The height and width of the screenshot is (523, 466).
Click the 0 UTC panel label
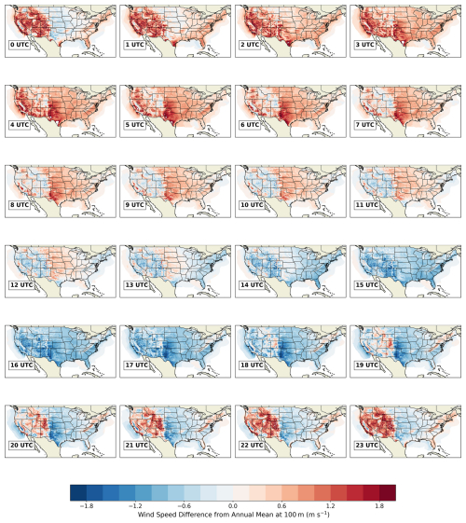(20, 45)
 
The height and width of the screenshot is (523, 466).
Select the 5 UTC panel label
(134, 125)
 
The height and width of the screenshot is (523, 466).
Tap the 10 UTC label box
(252, 205)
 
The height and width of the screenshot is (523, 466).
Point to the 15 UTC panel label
(366, 285)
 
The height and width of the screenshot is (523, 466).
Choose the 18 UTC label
(252, 365)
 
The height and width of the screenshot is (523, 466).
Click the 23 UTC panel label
(366, 445)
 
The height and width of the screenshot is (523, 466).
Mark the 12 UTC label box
(21, 285)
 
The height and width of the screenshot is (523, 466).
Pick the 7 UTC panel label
(364, 125)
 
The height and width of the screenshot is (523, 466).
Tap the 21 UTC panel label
(136, 445)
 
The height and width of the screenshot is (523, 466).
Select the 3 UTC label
(364, 45)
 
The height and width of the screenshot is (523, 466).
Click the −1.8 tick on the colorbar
(87, 506)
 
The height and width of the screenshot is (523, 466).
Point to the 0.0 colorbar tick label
(233, 506)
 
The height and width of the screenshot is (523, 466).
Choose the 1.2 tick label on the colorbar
(331, 506)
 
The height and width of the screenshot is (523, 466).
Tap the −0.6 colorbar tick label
(184, 506)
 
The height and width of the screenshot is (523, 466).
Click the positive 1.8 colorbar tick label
(379, 506)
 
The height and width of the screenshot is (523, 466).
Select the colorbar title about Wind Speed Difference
(233, 515)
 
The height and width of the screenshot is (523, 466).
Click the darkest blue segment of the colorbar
(78, 492)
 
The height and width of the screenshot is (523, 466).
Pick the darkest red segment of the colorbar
(388, 492)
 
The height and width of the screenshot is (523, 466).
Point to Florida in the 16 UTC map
(88, 365)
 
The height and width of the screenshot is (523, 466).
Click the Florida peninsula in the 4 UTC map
(88, 124)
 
